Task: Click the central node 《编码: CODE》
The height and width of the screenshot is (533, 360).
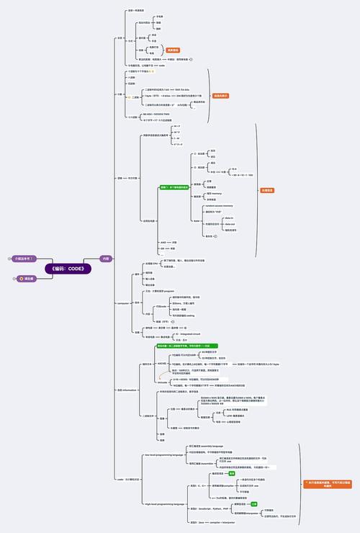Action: pos(68,269)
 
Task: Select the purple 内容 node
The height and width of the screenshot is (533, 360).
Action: pos(106,258)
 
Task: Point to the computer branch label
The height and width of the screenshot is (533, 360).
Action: pos(122,303)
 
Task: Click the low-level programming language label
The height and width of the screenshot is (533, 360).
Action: pos(164,454)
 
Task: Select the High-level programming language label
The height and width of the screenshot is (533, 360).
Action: pos(166,504)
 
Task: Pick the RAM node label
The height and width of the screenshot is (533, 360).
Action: pos(197,221)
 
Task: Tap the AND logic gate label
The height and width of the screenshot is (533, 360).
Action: pos(163,242)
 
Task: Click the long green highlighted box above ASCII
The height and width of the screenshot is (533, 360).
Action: pos(188,346)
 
